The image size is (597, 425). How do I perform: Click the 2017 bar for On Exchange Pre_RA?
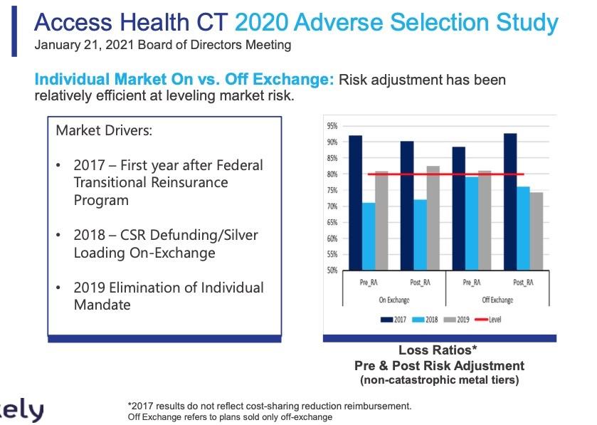tap(355, 202)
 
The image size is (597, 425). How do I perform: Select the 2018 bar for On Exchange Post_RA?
tap(420, 234)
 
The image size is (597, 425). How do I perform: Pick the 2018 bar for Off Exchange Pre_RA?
tap(472, 223)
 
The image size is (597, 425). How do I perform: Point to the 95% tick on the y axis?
tap(332, 126)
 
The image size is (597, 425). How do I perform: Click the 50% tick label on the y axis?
tap(332, 271)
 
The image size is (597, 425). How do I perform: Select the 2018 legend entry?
tap(428, 320)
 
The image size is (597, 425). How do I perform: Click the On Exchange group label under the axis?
tap(394, 300)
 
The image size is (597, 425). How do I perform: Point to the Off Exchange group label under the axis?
tap(497, 300)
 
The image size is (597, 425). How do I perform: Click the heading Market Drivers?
tap(104, 132)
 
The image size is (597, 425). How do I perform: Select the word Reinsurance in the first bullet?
tap(192, 182)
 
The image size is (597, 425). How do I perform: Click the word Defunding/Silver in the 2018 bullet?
tap(194, 235)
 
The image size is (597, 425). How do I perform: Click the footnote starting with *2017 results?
tap(269, 406)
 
